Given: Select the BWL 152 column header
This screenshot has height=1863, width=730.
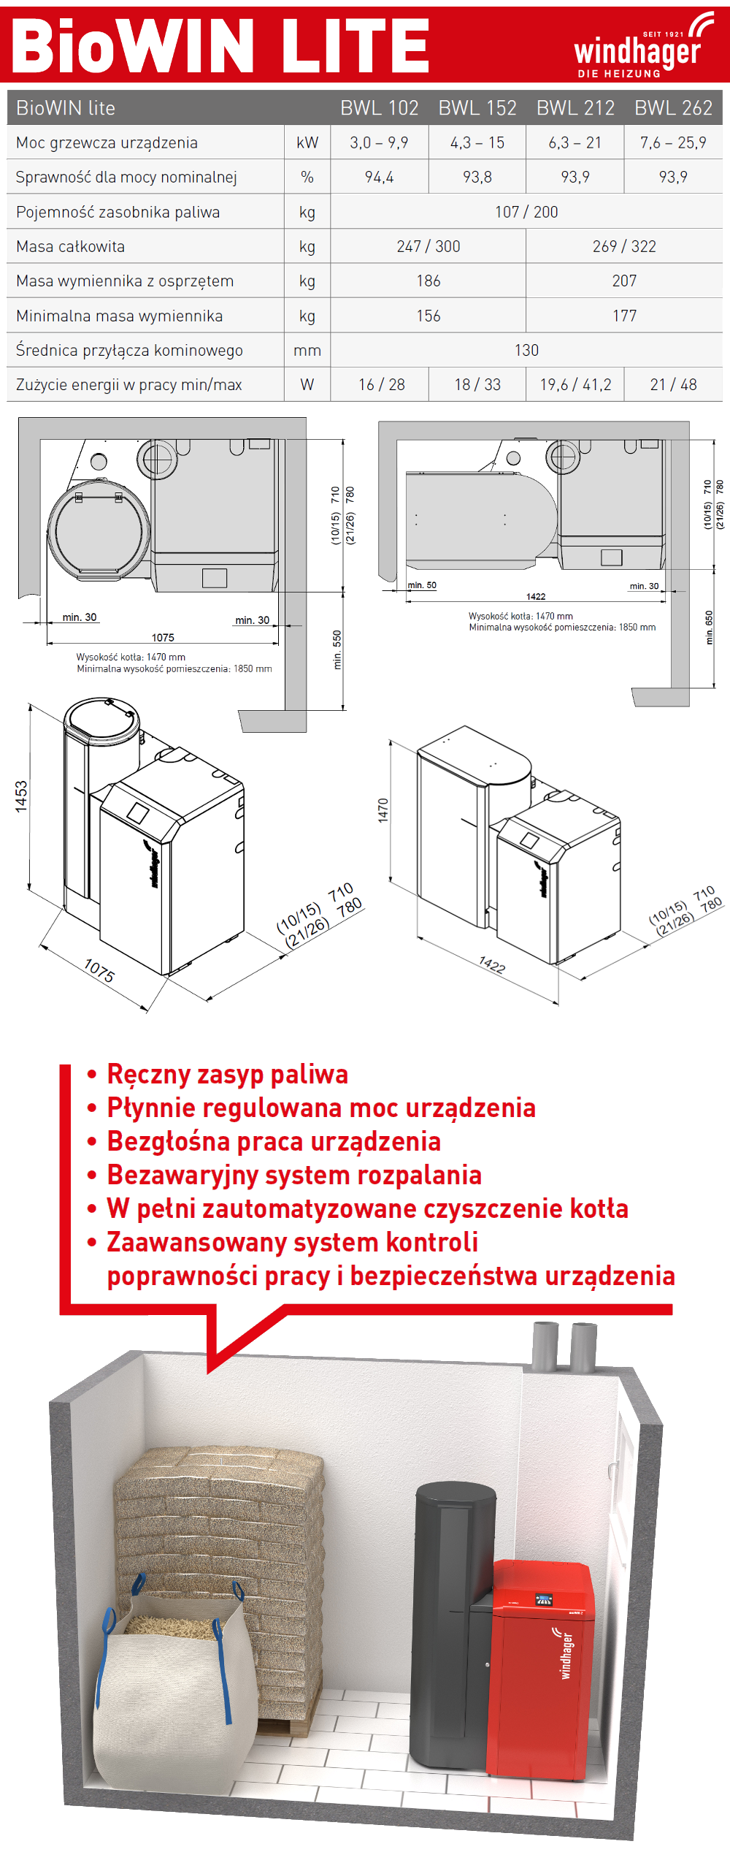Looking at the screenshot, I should (477, 108).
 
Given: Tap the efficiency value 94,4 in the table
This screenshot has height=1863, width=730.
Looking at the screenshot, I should (380, 178).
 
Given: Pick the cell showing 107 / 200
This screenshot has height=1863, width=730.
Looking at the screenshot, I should (526, 212).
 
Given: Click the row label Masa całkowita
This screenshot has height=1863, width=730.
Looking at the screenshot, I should (71, 247).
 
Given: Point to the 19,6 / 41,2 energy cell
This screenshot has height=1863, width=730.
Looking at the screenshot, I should (575, 385).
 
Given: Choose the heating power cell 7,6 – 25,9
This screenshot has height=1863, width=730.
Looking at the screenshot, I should (673, 143).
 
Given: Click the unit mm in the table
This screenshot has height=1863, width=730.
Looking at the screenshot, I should (307, 351).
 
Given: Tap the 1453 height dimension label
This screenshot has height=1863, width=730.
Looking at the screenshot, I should (21, 796).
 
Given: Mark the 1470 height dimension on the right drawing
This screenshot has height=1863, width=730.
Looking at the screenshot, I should (383, 810).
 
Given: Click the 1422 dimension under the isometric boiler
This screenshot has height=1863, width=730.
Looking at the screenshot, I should (492, 965).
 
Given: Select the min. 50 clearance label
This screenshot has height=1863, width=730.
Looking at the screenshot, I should (422, 585).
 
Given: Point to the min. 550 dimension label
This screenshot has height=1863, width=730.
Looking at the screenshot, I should (337, 649).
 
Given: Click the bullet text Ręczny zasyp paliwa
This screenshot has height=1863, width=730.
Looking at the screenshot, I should (227, 1075).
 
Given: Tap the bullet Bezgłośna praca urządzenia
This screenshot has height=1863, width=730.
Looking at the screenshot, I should (274, 1142).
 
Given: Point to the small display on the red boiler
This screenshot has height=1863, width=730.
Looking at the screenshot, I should (544, 1599).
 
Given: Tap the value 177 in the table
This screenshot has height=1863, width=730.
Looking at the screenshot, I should (624, 316).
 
